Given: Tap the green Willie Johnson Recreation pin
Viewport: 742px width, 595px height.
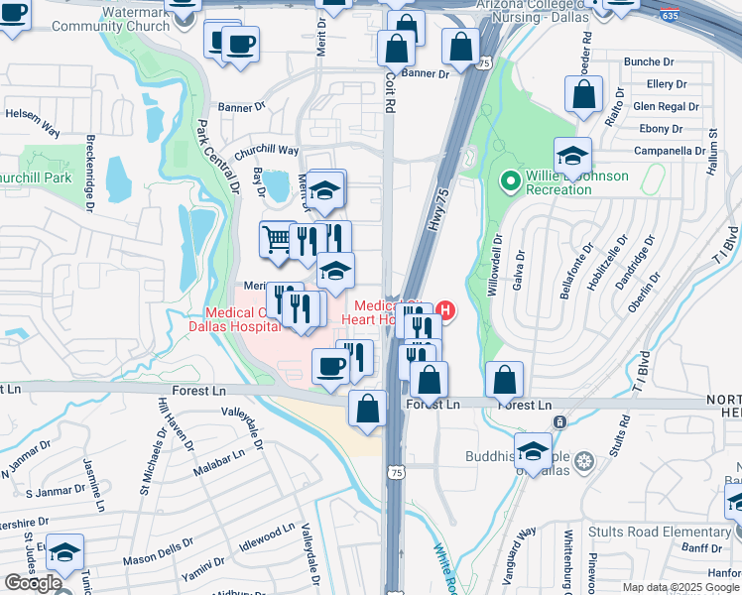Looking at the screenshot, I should tap(511, 181).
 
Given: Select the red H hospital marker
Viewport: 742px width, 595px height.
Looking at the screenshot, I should tap(445, 311).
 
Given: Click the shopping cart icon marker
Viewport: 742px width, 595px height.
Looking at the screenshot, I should tap(277, 239).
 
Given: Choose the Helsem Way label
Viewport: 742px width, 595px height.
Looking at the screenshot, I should tap(32, 116).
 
